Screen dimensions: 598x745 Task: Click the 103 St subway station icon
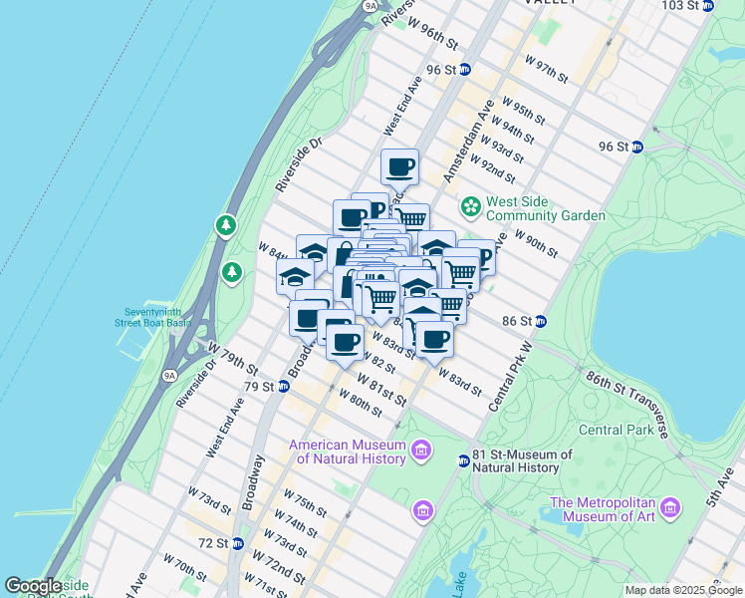tap(708, 6)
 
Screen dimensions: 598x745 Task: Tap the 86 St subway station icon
tap(540, 321)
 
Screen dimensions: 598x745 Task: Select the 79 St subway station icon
tap(283, 387)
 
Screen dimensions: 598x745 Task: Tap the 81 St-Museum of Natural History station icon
tap(464, 460)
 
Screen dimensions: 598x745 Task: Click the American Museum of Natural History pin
tap(420, 451)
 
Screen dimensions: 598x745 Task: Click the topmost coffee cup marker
tap(399, 166)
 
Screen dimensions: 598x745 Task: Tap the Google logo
tap(34, 586)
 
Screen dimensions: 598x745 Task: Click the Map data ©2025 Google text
tap(682, 590)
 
